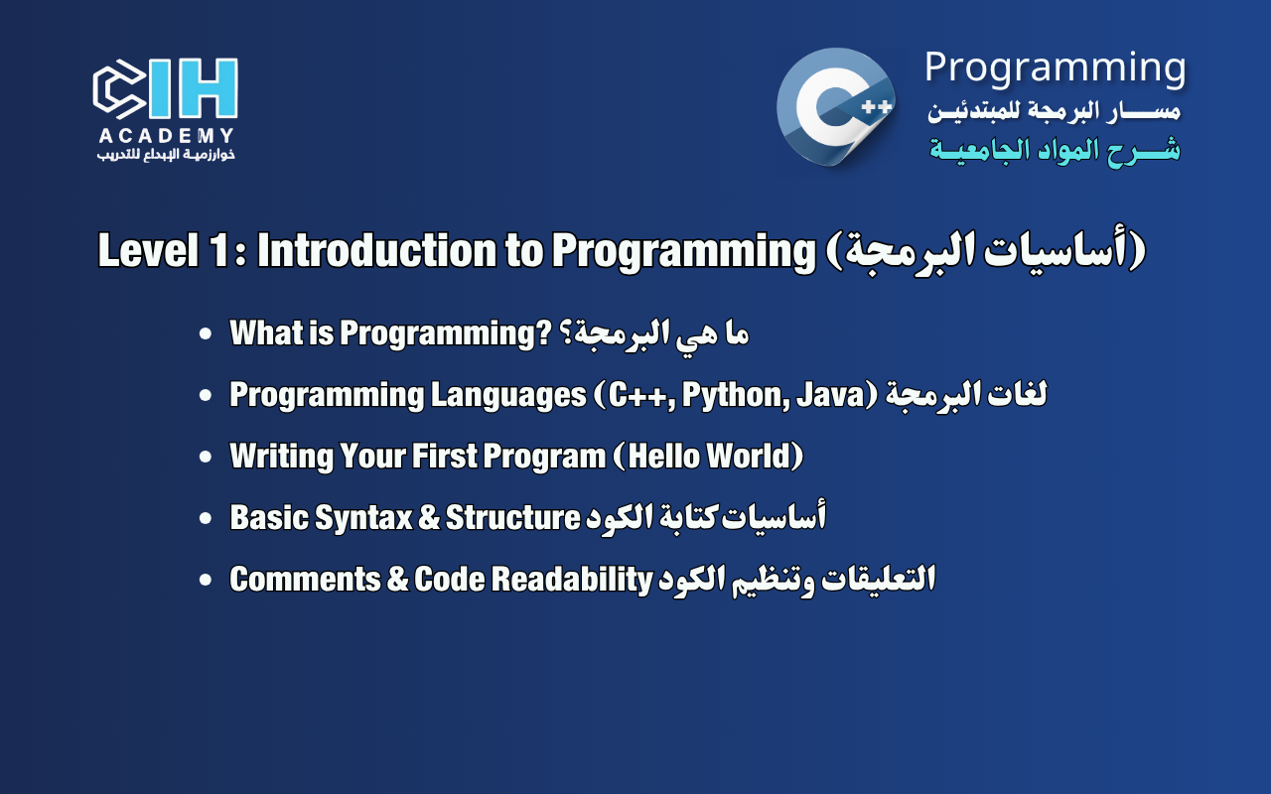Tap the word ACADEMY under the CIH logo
[x=166, y=136]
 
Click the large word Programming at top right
[x=1055, y=67]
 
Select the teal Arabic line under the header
[x=1055, y=150]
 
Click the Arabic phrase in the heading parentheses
[x=987, y=252]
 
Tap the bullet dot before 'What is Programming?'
[x=206, y=334]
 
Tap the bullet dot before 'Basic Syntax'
[x=206, y=519]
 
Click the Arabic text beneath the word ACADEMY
[x=166, y=155]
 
